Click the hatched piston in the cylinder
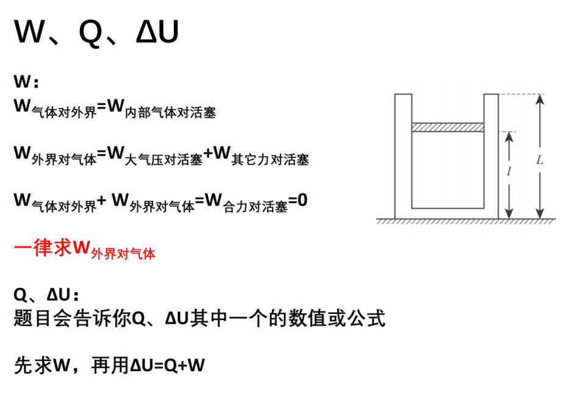coord(447,127)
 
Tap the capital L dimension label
coord(539,160)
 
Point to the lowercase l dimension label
coord(509,171)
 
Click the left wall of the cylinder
coord(403,156)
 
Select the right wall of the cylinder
coord(491,156)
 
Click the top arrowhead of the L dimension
coord(539,99)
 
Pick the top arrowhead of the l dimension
coord(509,137)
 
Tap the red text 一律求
coord(43,247)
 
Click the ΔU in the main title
coord(157,32)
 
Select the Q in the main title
coord(90,32)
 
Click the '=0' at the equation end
coord(298,200)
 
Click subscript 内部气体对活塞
coord(170,113)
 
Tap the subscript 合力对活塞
coord(255,207)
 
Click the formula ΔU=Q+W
coord(168,365)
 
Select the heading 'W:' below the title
coord(26,82)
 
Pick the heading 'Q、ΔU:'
coord(46,295)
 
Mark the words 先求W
coord(42,365)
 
